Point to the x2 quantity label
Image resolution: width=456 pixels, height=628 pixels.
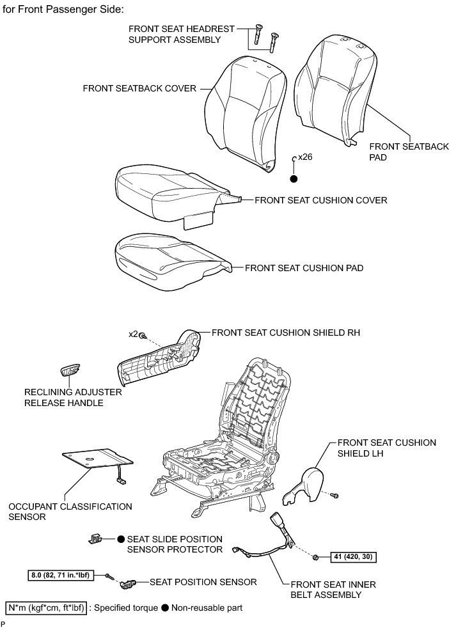[133, 334]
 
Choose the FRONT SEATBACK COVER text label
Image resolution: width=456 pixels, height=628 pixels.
[139, 88]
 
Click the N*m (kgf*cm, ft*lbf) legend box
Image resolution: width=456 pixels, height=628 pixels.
[45, 607]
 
